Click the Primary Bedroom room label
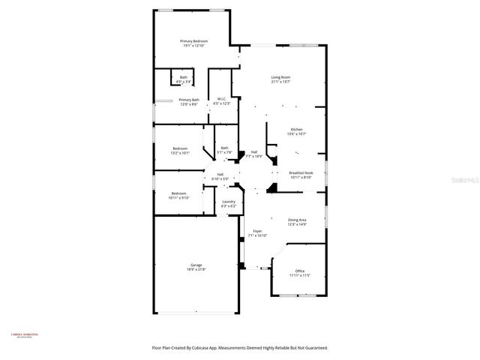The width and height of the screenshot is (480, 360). pos(193,43)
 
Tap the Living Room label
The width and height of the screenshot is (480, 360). pos(280,79)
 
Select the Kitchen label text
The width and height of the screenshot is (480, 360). pos(297,131)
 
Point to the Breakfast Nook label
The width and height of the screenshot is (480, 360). pos(301,175)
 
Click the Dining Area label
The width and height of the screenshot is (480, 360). pos(297,222)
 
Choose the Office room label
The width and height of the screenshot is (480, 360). pos(299,273)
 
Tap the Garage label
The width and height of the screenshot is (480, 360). pos(196,267)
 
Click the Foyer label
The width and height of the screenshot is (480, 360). pos(257,233)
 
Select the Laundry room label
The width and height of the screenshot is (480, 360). pos(229,203)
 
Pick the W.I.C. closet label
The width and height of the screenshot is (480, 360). pos(222,100)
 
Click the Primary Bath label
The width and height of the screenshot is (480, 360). pos(189,102)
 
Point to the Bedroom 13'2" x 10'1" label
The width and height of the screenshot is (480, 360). pos(181,151)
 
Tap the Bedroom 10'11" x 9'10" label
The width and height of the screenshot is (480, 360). pos(181,196)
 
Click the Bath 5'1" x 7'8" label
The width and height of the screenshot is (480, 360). pos(225,150)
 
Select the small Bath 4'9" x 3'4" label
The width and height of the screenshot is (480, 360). pos(184,79)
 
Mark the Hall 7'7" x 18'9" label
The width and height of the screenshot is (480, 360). pos(254,154)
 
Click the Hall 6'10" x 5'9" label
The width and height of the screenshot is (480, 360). pos(220,176)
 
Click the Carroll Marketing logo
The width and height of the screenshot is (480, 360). pos(24,336)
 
